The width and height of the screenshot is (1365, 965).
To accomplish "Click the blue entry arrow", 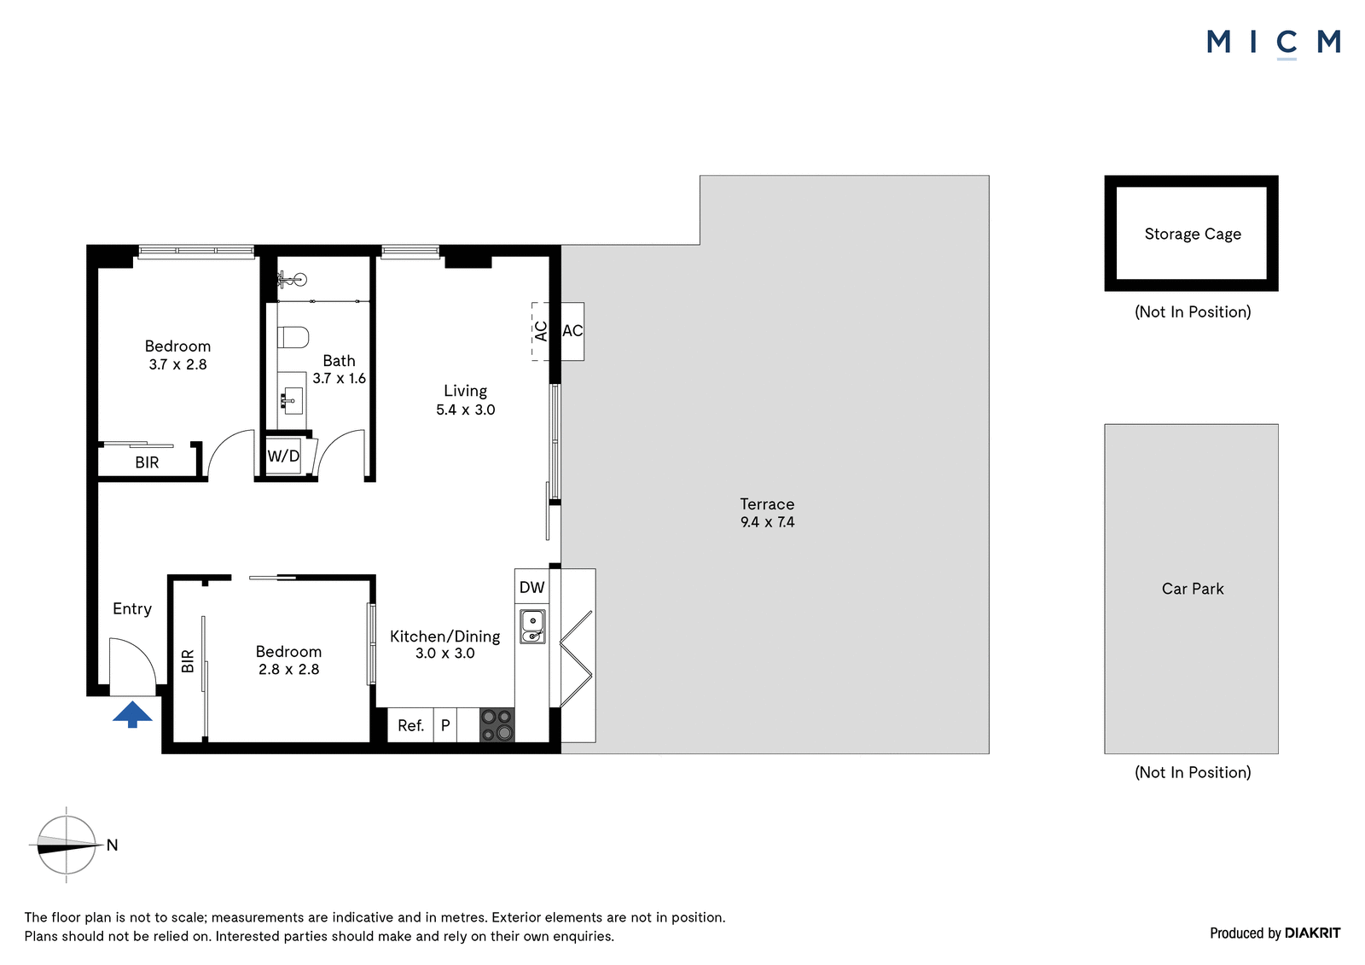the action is click(132, 714).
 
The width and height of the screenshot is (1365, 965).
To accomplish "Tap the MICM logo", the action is click(1274, 44).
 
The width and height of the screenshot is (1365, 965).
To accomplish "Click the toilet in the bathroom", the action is click(293, 336).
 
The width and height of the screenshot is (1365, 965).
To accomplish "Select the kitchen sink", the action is click(532, 626).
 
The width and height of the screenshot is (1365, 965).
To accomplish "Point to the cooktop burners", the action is click(497, 725).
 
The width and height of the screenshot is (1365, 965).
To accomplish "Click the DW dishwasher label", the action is click(532, 587).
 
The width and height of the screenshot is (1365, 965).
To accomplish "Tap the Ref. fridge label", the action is click(410, 725).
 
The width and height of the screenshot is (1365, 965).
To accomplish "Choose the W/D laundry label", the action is click(283, 456).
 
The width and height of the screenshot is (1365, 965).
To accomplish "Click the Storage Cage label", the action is click(1193, 234).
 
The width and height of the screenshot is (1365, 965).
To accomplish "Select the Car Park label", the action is click(1193, 589).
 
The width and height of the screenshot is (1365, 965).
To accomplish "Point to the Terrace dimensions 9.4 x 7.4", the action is click(767, 522).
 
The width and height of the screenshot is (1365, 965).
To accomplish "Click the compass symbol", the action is click(67, 845).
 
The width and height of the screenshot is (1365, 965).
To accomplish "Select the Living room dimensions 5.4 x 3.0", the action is click(466, 410).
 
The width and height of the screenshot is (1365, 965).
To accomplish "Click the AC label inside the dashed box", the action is click(541, 331).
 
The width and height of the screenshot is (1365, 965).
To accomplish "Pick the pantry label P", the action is click(445, 725).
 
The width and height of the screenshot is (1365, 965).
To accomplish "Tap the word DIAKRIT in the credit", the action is click(1313, 933).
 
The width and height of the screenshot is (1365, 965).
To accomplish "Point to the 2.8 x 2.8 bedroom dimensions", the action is click(289, 669).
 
